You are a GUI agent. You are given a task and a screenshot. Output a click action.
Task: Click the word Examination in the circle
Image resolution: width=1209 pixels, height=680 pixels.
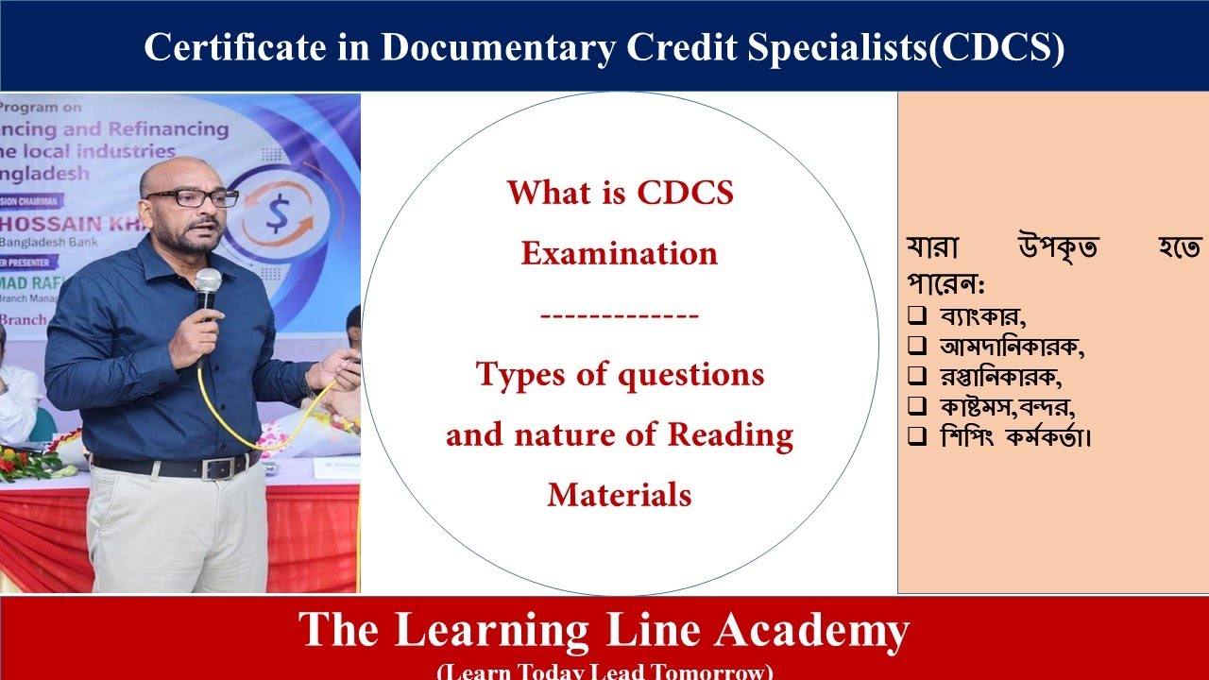pos(619,253)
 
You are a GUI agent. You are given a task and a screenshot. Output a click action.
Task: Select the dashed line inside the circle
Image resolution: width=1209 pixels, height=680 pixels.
pos(619,314)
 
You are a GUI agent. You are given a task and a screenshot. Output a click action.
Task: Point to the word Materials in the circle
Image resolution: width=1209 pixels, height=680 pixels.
pos(619,494)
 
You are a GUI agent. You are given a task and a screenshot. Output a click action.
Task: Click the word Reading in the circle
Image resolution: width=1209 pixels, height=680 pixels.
pos(730,434)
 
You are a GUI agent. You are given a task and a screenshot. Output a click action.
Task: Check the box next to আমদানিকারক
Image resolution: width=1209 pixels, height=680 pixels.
pos(916,346)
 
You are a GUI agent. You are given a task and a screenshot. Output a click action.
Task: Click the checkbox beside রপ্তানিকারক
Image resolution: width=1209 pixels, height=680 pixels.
pos(916,376)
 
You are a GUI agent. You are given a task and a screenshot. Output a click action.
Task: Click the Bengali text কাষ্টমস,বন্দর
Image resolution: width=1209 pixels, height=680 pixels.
pos(1008,406)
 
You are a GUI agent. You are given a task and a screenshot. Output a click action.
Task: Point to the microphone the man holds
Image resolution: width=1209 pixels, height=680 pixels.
pos(208,285)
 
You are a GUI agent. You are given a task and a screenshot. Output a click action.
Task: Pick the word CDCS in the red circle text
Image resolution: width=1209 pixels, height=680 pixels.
pos(686,193)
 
